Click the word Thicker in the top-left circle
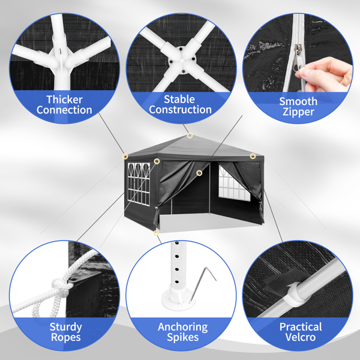tap(65, 100)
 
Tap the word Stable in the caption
tap(179, 100)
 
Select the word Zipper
tap(298, 112)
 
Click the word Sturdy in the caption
tap(65, 327)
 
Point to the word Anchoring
tap(183, 327)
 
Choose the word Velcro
tap(301, 337)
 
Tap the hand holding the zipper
tap(325, 74)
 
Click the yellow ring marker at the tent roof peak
tap(190, 136)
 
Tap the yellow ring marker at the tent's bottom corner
tap(156, 233)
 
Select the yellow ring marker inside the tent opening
tap(199, 173)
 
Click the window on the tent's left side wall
tap(139, 184)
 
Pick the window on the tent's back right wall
tap(234, 184)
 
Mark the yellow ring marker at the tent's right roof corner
tap(253, 156)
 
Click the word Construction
tap(180, 110)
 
